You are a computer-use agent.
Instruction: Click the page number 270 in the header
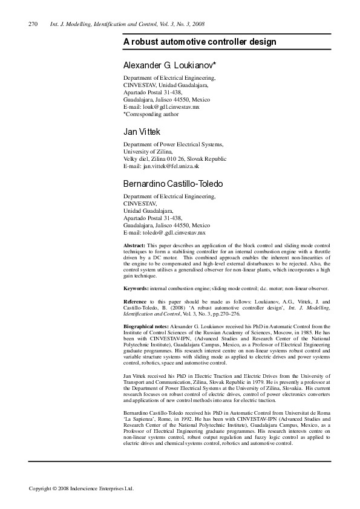[33, 24]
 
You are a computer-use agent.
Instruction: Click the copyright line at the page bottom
[81, 488]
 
